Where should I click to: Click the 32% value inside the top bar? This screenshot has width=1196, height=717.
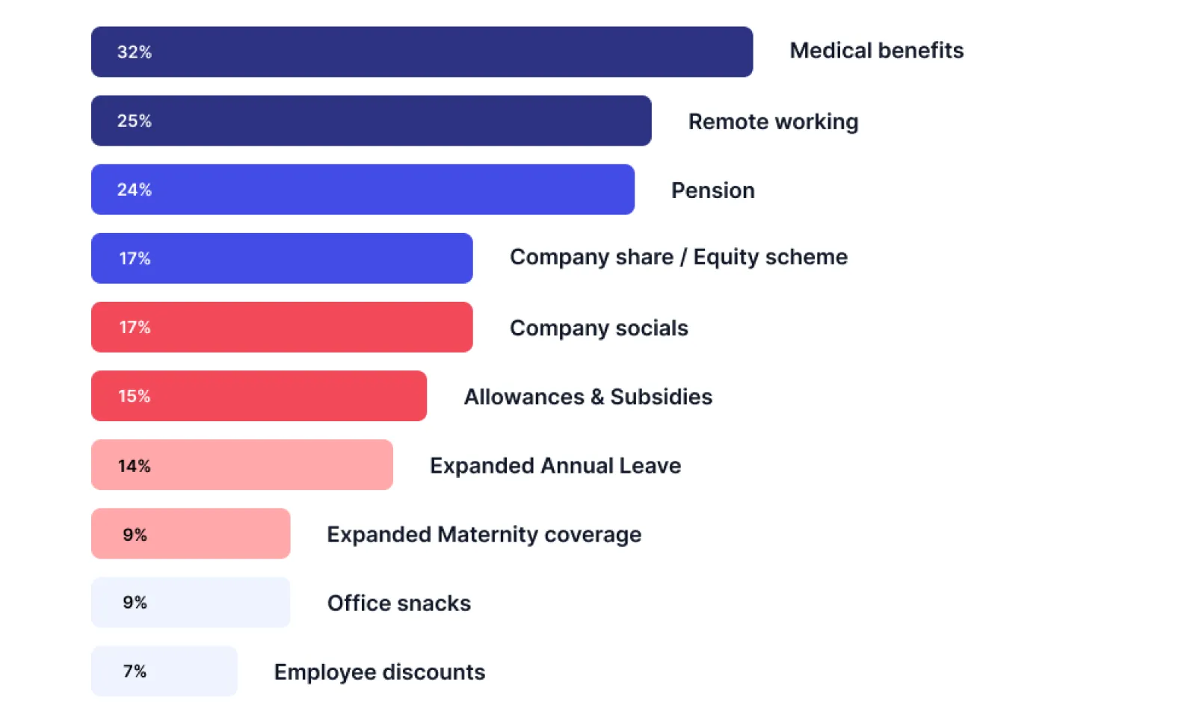tap(135, 52)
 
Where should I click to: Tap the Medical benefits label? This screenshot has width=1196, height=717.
tap(876, 51)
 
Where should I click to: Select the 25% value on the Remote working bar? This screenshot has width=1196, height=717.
tap(135, 121)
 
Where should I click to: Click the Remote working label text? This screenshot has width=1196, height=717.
tap(773, 122)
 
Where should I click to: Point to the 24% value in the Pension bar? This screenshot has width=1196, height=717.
tap(135, 190)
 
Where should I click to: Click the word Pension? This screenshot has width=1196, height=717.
tap(712, 190)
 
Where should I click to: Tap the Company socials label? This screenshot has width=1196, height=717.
tap(599, 328)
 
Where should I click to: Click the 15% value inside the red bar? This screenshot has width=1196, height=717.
tap(135, 396)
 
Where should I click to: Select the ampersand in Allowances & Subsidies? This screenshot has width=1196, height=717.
tap(597, 397)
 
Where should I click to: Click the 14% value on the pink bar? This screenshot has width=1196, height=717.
tap(135, 466)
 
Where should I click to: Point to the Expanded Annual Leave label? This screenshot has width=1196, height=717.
tap(555, 465)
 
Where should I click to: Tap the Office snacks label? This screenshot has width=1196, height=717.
tap(398, 603)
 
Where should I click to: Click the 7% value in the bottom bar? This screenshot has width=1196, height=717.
tap(135, 671)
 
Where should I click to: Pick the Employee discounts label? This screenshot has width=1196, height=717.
tap(379, 672)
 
